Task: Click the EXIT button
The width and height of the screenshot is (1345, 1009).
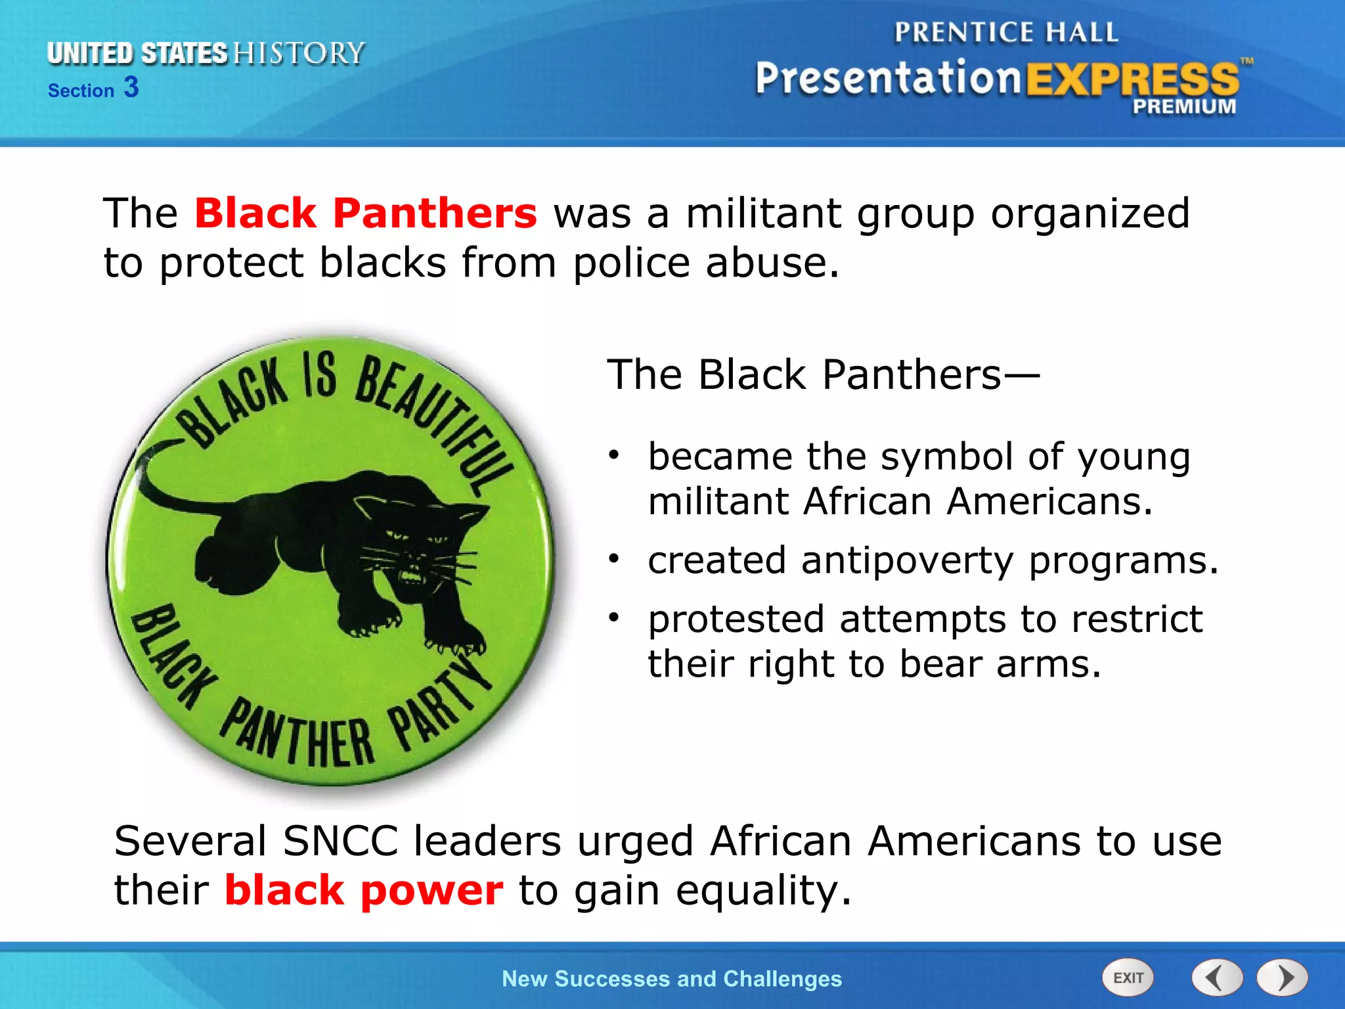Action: [x=1128, y=978]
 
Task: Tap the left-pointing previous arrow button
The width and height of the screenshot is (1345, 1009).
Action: [x=1217, y=978]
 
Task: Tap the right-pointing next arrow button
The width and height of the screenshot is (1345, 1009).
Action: [x=1283, y=978]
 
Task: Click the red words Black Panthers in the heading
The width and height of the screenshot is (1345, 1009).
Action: [x=366, y=213]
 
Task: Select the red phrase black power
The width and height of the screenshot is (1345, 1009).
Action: [x=364, y=891]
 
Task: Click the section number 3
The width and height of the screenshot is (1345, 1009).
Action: [x=131, y=87]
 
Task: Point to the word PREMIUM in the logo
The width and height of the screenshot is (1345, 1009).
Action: [x=1183, y=106]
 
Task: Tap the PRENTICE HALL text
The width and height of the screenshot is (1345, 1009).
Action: [x=1005, y=32]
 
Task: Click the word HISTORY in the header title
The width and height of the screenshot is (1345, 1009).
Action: [x=299, y=53]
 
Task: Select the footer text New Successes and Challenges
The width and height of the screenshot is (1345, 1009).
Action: [x=671, y=979]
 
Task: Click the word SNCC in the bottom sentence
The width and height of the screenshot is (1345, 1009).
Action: [x=340, y=841]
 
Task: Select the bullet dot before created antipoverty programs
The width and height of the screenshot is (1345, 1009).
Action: [x=613, y=559]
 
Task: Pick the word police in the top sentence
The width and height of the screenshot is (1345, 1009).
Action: [x=631, y=263]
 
